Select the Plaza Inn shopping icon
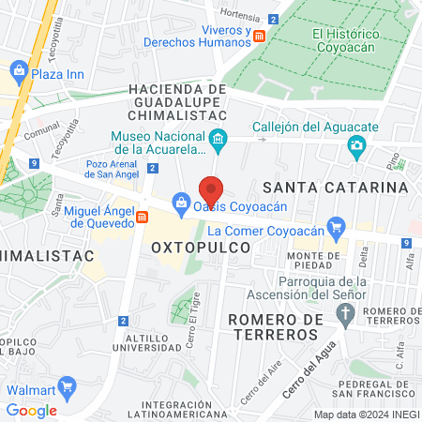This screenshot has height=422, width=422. (x=18, y=70)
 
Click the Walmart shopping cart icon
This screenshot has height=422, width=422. (x=67, y=386)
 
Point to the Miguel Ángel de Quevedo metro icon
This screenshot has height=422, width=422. (x=142, y=218)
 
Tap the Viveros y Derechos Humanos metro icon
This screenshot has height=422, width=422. (x=260, y=35)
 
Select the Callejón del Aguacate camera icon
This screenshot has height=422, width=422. (x=356, y=144)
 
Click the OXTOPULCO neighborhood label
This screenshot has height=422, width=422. (x=202, y=247)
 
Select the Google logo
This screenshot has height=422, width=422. (x=31, y=410)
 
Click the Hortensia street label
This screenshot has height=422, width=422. (x=239, y=14)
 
